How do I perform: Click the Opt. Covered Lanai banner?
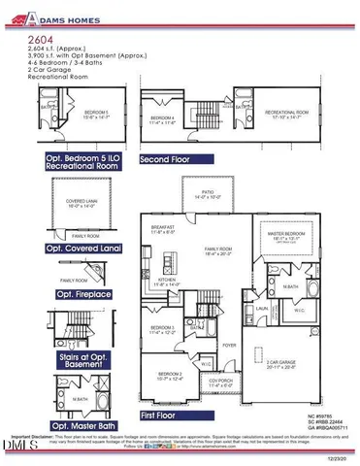pos(88,250)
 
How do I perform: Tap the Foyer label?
pos(228,343)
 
